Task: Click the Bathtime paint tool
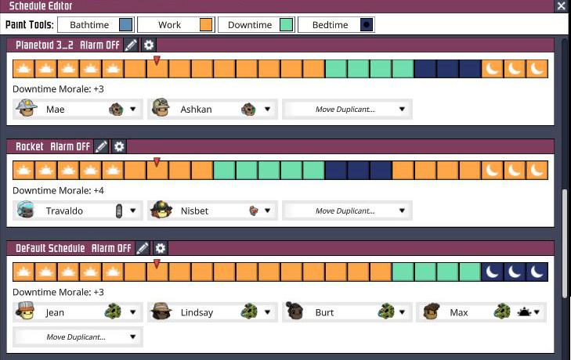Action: (x=96, y=25)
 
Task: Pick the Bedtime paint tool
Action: (x=336, y=25)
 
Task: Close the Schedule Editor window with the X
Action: (x=561, y=6)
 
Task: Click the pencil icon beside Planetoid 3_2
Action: (x=131, y=45)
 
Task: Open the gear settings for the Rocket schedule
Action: (x=119, y=146)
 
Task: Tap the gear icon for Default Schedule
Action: (x=161, y=248)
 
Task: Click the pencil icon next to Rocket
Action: (x=101, y=146)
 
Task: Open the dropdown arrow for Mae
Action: (x=133, y=110)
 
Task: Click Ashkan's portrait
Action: (x=161, y=109)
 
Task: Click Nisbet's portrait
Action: (x=161, y=211)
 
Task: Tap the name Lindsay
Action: (x=197, y=312)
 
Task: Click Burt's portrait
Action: (x=296, y=312)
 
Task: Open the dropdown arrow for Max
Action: (x=539, y=312)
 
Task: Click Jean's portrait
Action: (x=26, y=312)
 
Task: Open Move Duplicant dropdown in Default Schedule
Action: (x=78, y=337)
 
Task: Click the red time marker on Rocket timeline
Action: (x=157, y=162)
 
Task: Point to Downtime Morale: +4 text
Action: (x=58, y=190)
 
